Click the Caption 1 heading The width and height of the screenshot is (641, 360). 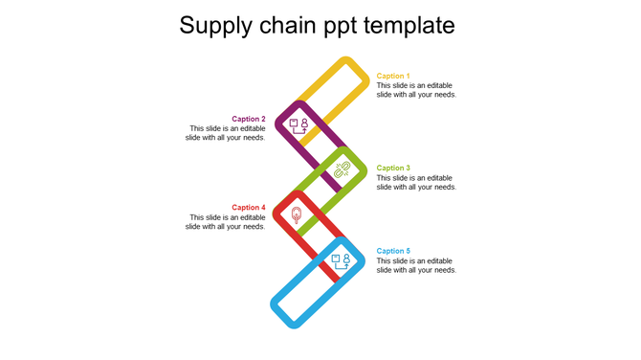click(393, 76)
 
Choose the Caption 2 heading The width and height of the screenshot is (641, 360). click(249, 120)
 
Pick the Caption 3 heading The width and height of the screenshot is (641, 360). click(393, 169)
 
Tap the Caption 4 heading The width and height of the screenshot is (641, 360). click(249, 208)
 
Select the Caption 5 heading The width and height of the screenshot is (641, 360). click(393, 252)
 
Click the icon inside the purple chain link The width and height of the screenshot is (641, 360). click(298, 125)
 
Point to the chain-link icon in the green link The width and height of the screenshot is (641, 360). click(342, 169)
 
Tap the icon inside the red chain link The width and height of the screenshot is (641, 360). click(297, 215)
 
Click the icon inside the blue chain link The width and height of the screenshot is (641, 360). click(341, 260)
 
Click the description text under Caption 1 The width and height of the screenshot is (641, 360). click(416, 90)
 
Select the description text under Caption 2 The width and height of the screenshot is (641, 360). click(226, 133)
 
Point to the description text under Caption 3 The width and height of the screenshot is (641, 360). click(416, 183)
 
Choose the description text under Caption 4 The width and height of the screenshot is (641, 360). click(226, 222)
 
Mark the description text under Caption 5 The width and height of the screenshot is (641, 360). click(416, 265)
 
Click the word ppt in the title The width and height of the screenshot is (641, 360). click(341, 27)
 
